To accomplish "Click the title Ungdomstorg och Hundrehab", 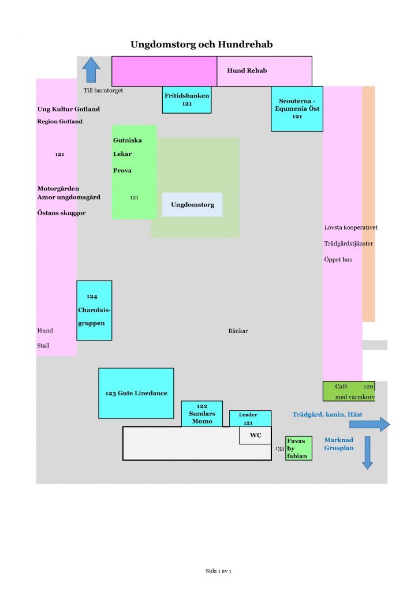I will tap(201, 44).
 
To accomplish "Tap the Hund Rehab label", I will tap(247, 70).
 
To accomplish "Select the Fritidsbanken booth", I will tap(186, 100).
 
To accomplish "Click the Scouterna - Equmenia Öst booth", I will tap(297, 109).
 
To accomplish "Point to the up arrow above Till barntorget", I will tap(91, 70).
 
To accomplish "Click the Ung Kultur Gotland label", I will tap(68, 109).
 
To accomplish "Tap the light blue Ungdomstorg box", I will tap(192, 204).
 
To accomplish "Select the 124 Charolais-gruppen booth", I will tap(94, 310).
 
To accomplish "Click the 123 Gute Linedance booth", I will tap(136, 393).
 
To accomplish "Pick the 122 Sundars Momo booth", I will tap(201, 414).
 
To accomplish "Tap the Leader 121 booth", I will tap(250, 418).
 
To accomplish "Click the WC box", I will tap(255, 436).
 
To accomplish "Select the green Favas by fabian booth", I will tap(298, 448).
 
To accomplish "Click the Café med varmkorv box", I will tap(348, 391).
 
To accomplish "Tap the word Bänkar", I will tap(238, 331).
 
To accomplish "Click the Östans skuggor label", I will tap(61, 213).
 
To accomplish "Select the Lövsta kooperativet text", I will tap(350, 227).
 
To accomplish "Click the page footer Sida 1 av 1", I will tap(218, 571).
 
